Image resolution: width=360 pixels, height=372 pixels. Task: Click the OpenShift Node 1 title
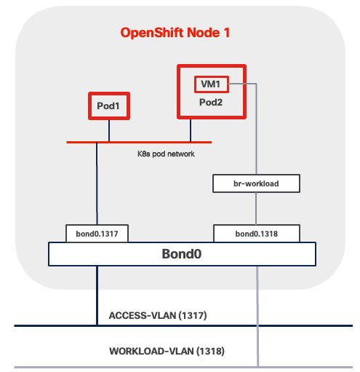[x=180, y=33]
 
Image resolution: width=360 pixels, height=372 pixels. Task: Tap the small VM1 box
[x=212, y=84]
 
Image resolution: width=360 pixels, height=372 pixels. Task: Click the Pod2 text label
[x=211, y=103]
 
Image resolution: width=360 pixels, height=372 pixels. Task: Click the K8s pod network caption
[x=166, y=154]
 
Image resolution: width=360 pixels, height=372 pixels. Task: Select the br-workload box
[x=256, y=183]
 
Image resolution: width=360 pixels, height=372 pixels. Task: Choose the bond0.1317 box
[x=96, y=233]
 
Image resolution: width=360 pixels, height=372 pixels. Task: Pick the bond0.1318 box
[x=255, y=233]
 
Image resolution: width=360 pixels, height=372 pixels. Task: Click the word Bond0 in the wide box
[x=182, y=254]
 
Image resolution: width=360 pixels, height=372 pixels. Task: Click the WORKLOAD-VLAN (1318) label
[x=167, y=351]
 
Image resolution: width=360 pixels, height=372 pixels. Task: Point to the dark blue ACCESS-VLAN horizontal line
[x=218, y=325]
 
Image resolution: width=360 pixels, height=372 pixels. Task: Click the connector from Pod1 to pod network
[x=109, y=131]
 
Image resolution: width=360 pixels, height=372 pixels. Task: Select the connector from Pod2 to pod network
[x=191, y=130]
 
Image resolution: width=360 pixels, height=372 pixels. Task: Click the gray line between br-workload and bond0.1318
[x=256, y=208]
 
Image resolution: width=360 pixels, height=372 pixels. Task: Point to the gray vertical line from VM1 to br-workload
[x=256, y=131]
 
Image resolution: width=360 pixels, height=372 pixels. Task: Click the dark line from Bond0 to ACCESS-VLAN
[x=96, y=295]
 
